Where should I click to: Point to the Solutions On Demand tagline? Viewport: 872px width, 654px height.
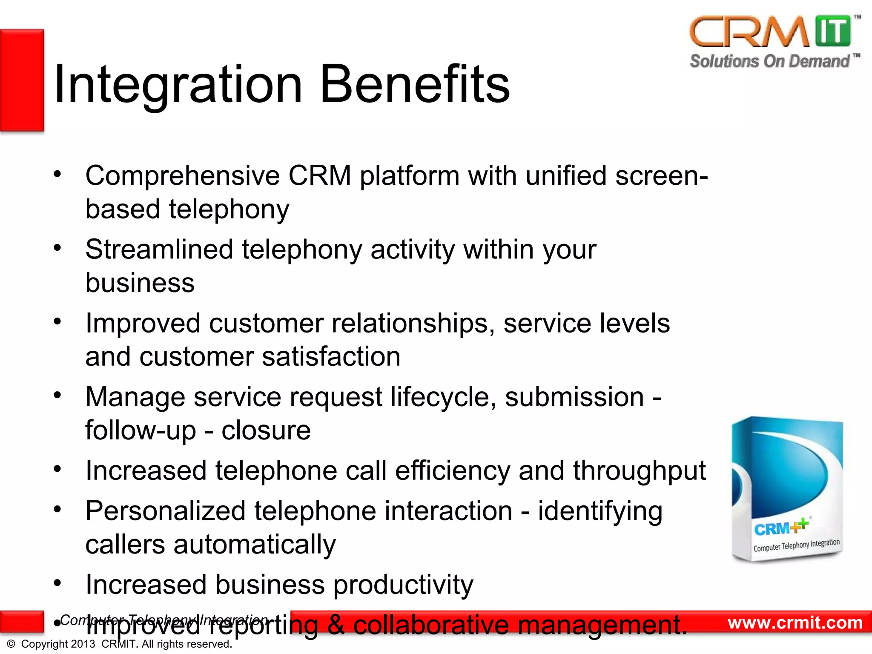[770, 61]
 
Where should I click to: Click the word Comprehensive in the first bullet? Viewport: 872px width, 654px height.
[182, 176]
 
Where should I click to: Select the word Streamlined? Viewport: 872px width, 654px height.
[159, 250]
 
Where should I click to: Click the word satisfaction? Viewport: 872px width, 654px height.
[331, 357]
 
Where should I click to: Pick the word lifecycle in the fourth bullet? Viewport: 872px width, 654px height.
[443, 397]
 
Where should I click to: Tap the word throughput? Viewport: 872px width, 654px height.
[639, 471]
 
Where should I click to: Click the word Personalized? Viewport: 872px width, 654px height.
[165, 511]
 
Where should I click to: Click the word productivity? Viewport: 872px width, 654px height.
[403, 585]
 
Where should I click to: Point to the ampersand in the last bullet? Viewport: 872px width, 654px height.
[336, 625]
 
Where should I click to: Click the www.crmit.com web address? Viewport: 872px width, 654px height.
[795, 623]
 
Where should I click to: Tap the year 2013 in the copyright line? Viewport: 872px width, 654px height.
[83, 644]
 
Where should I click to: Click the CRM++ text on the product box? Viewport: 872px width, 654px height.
[780, 528]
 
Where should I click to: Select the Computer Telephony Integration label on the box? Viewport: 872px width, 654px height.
[796, 545]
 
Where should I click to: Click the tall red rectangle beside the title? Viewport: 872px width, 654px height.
[22, 80]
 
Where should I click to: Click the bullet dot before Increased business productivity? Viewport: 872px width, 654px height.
[57, 583]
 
